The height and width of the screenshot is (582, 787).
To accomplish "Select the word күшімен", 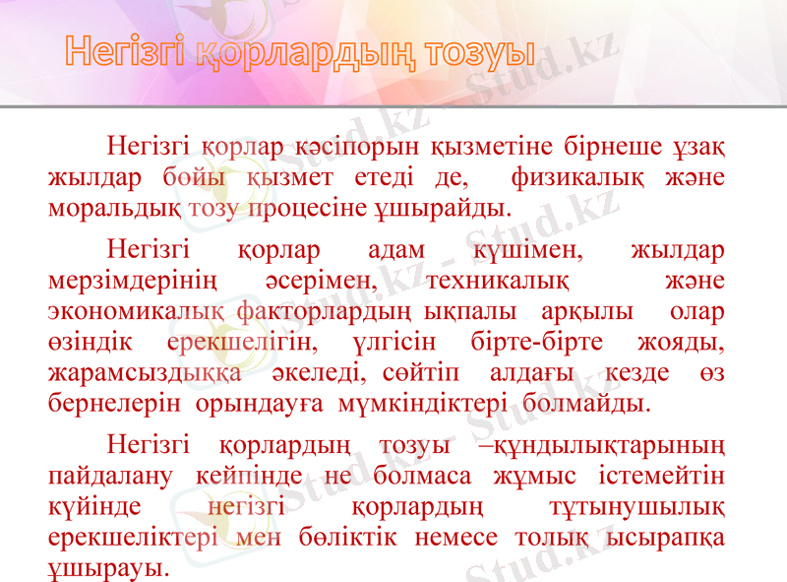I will pos(525,251).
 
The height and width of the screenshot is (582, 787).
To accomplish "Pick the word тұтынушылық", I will pos(636,507).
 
